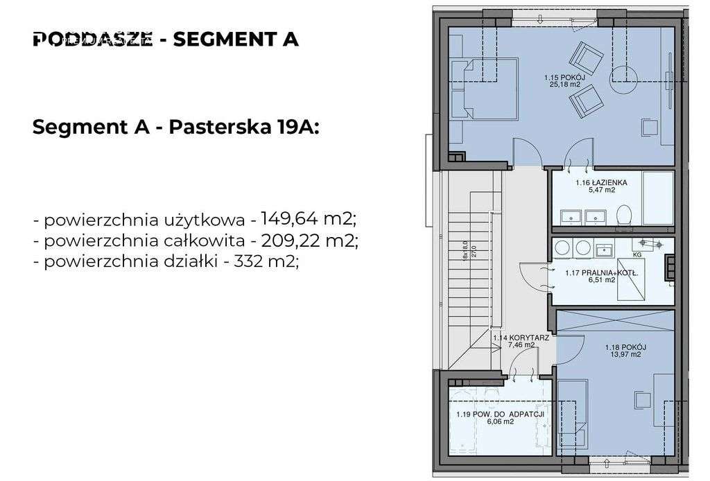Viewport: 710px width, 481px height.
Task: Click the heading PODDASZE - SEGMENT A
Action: [166, 40]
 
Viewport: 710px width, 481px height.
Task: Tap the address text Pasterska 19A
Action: [242, 128]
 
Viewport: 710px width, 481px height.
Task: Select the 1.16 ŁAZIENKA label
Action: [601, 183]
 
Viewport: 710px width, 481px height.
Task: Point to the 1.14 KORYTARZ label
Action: [521, 338]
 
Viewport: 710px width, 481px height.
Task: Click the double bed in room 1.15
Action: [483, 90]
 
